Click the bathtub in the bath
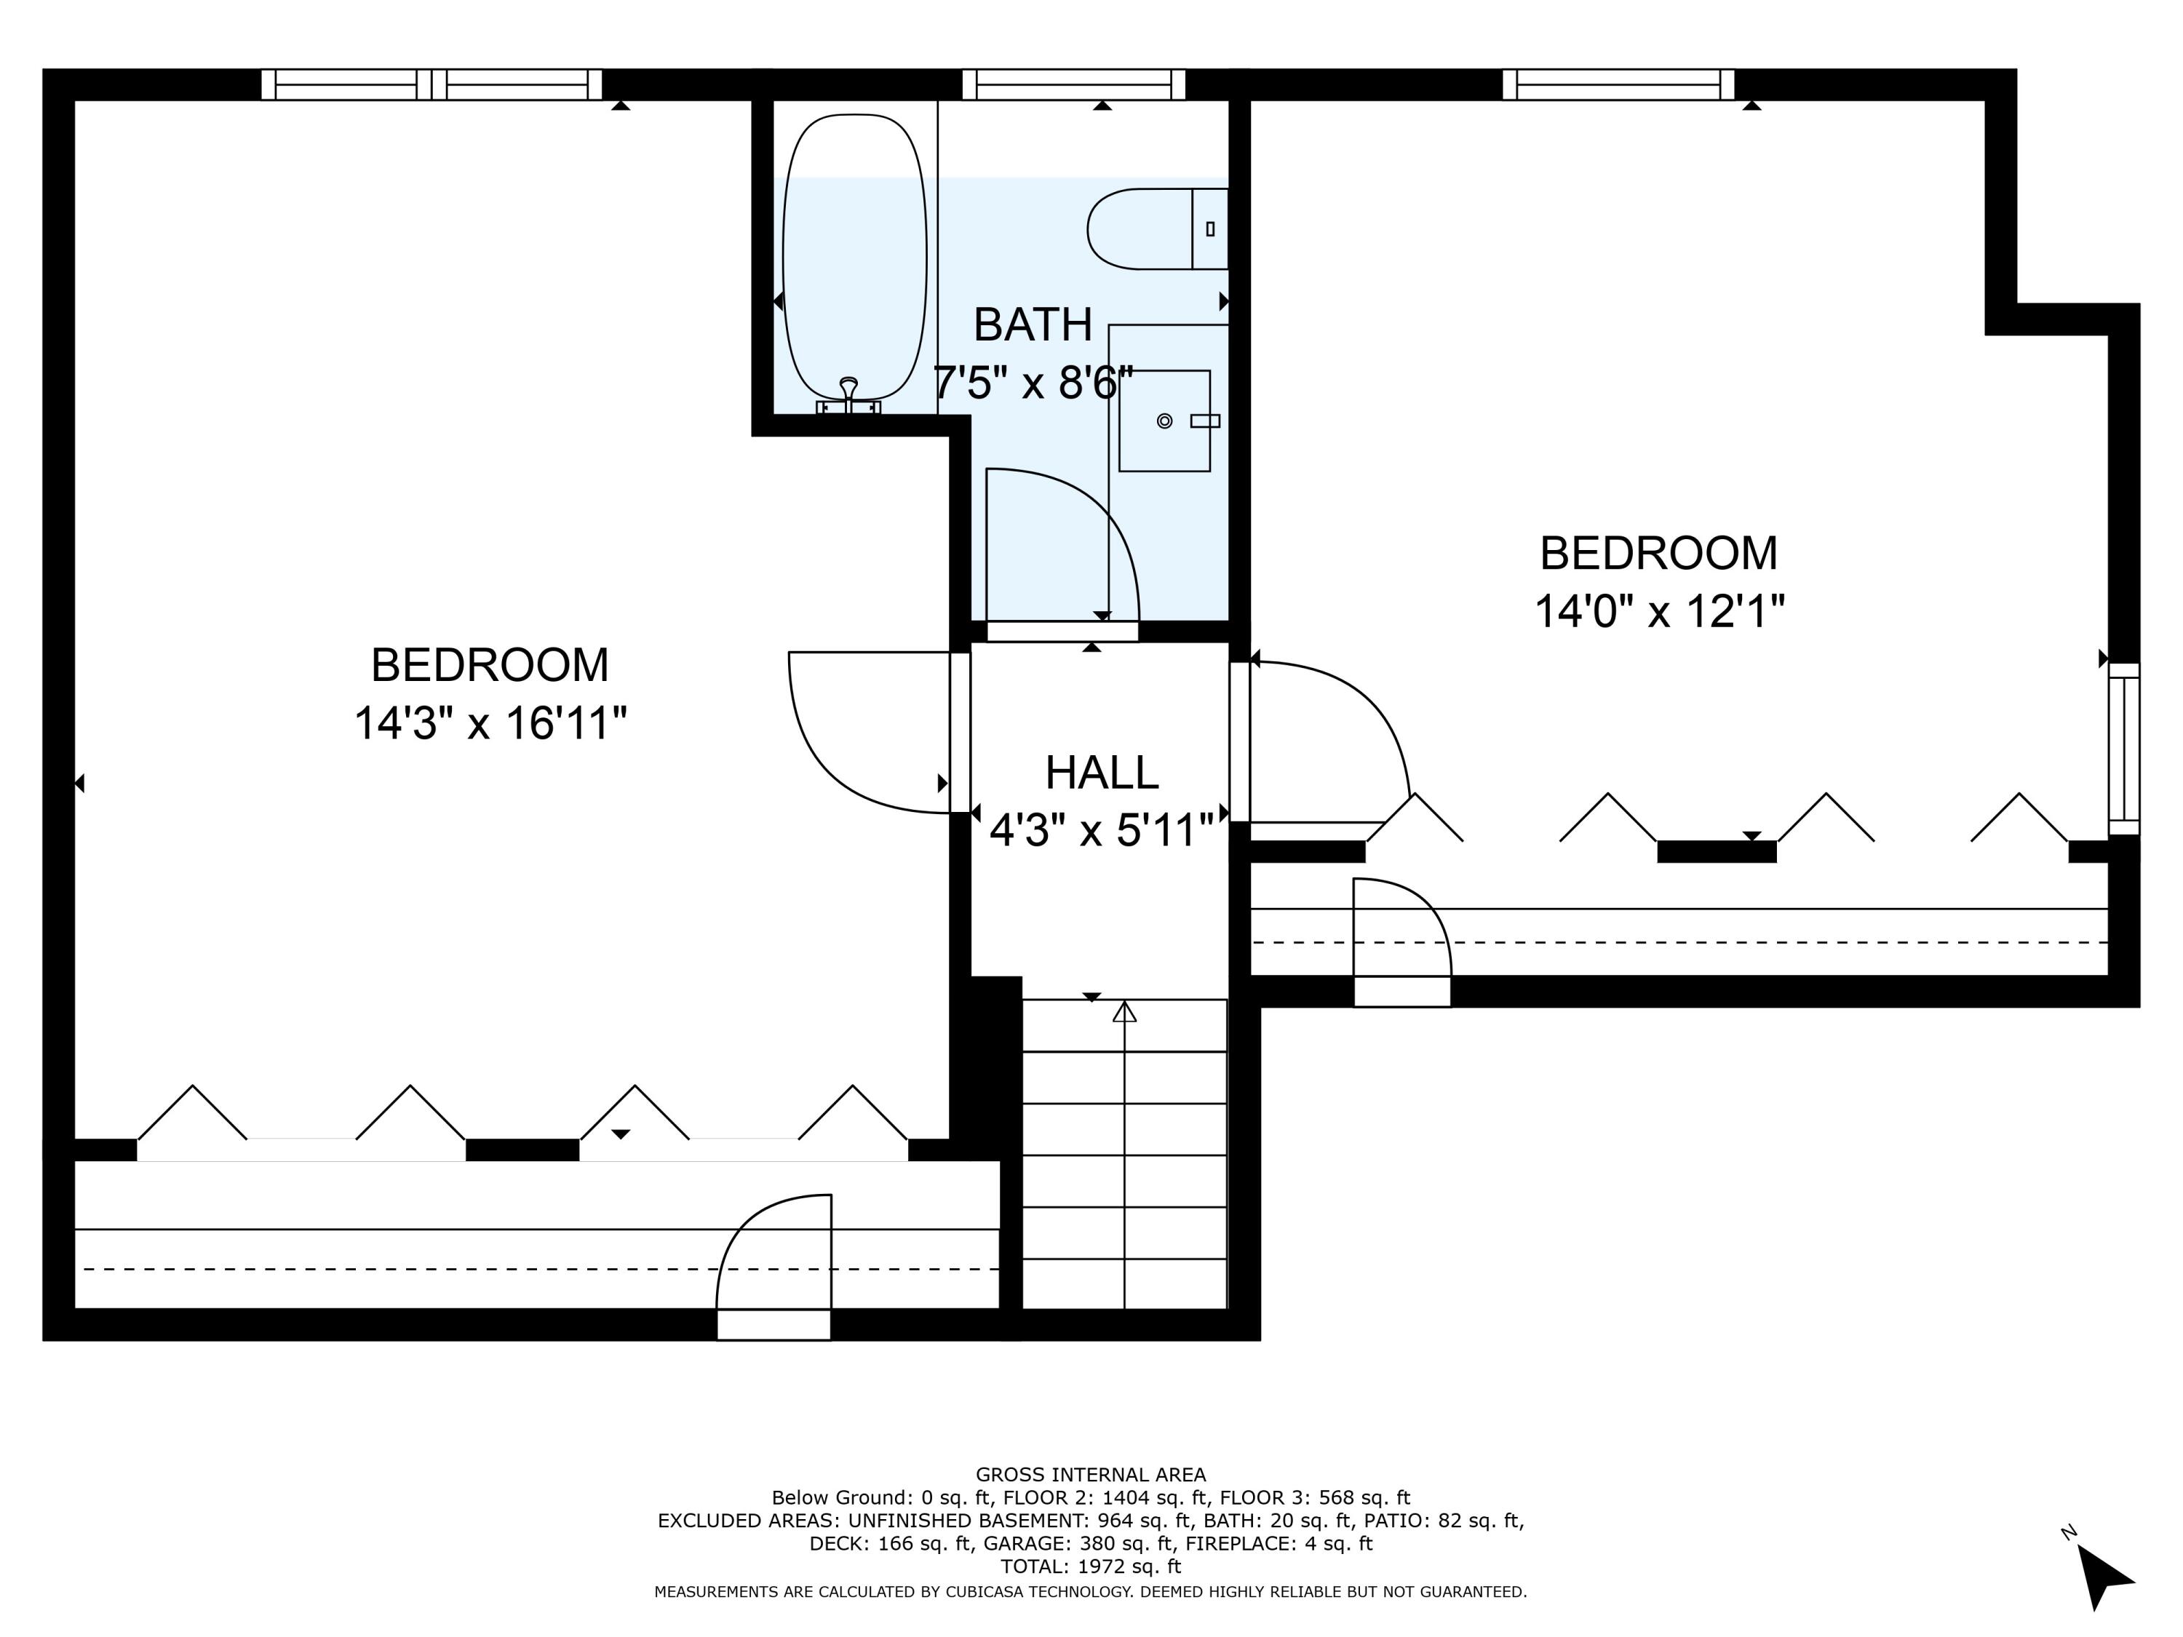pos(854,257)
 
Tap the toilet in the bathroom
pos(1155,229)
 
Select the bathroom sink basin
pos(1164,421)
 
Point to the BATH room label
pos(1033,324)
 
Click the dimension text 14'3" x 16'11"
pos(490,723)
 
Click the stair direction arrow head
pos(1124,1013)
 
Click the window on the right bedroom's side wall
pos(2124,748)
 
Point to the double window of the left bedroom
pos(432,85)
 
